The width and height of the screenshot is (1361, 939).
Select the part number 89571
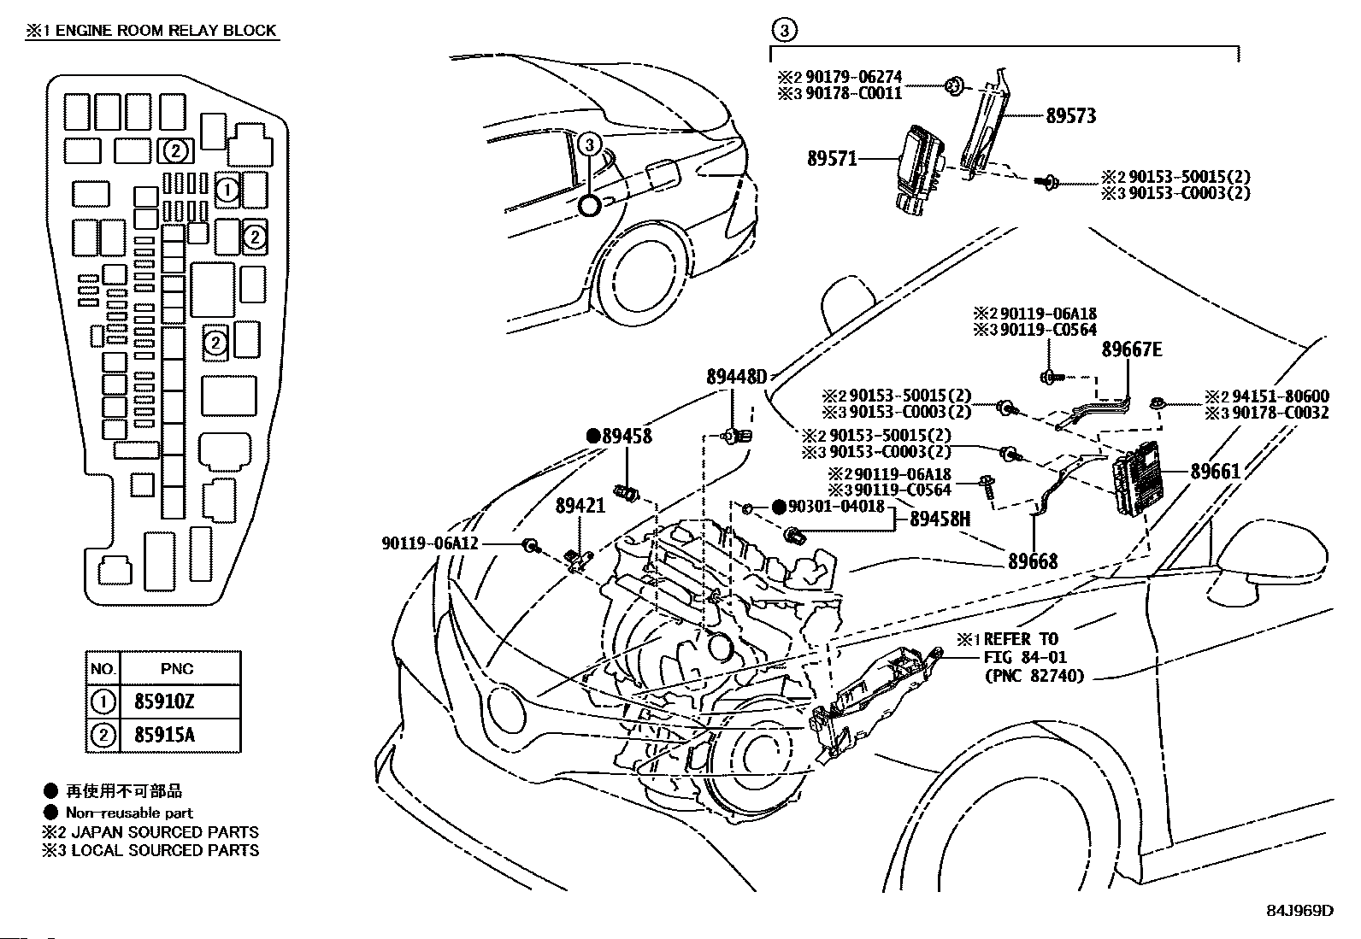tap(832, 158)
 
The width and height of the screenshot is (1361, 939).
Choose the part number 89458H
tap(940, 519)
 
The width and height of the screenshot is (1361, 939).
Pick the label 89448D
tap(737, 376)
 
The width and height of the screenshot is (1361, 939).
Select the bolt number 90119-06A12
tap(430, 543)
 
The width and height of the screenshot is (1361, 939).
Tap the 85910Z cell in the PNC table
tap(164, 702)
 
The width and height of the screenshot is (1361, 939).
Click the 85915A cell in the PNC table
tap(164, 735)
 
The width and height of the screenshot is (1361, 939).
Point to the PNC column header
tap(177, 669)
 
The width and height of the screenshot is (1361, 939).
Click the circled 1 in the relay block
tap(227, 190)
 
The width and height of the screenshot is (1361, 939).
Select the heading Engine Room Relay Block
tap(151, 31)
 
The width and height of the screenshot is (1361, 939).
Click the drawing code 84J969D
tap(1299, 911)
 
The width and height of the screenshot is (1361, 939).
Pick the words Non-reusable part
tap(129, 813)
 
